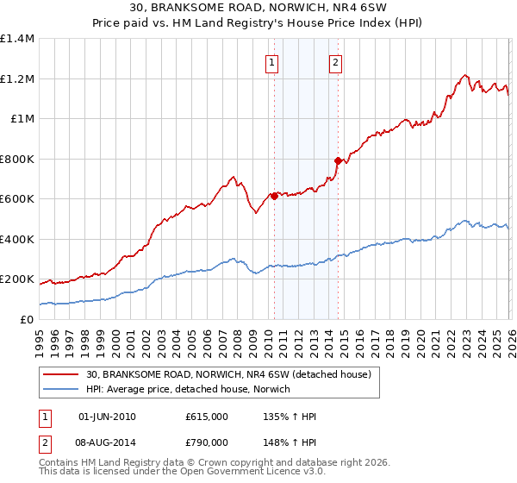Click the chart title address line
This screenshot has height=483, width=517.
[258, 8]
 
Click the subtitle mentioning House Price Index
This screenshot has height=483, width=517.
[258, 22]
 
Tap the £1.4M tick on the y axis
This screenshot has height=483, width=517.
[17, 39]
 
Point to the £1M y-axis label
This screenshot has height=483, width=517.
[22, 119]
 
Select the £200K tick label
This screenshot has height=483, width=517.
[17, 279]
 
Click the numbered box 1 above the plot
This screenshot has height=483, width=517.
[272, 61]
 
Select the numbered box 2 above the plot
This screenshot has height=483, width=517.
[335, 61]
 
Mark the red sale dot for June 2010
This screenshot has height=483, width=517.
[274, 197]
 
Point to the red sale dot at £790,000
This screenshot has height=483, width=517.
[338, 160]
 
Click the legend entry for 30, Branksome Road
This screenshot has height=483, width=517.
[228, 374]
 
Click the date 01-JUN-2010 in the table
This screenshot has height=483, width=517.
[107, 417]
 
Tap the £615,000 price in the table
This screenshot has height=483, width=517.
[207, 417]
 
